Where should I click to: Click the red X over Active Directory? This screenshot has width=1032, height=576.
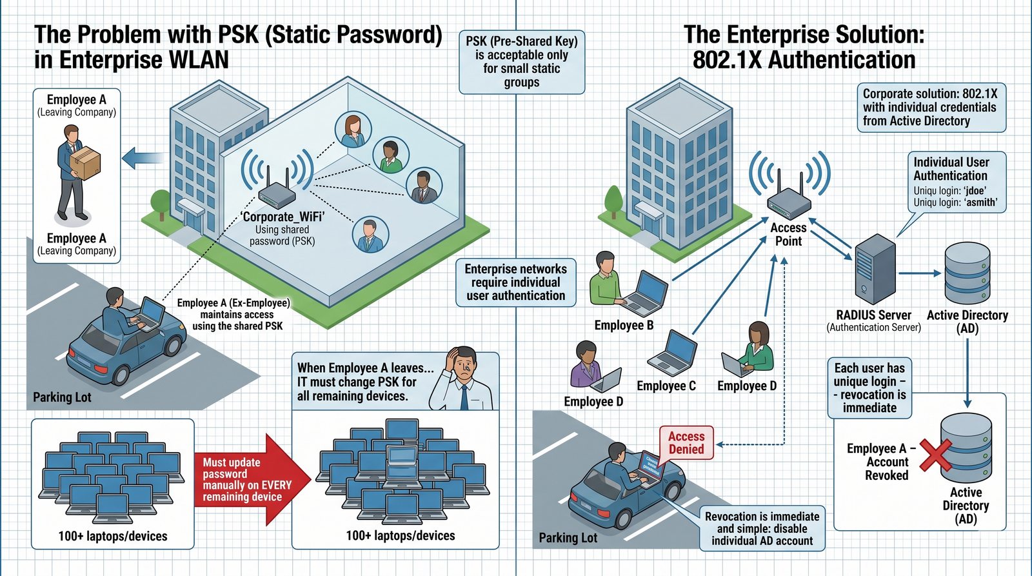click(x=935, y=455)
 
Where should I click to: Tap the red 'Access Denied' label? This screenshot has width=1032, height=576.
click(x=686, y=442)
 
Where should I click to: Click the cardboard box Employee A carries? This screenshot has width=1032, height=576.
click(x=85, y=163)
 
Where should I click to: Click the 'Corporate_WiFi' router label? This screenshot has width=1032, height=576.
click(x=283, y=217)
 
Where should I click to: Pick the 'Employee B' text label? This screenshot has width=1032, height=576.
click(x=624, y=325)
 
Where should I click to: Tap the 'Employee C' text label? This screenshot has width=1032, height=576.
click(x=666, y=386)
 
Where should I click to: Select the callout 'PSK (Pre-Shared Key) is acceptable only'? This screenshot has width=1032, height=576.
click(x=522, y=62)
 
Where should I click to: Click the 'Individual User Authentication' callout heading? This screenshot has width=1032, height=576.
click(x=951, y=169)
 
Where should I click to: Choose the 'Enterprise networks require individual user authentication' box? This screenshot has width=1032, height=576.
click(x=516, y=282)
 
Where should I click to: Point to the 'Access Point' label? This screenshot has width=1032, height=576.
click(x=788, y=234)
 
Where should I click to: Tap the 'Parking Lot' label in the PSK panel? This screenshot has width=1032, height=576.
click(x=62, y=397)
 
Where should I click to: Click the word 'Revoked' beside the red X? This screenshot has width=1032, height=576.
click(x=886, y=475)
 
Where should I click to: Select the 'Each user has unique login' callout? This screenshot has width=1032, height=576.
click(x=869, y=388)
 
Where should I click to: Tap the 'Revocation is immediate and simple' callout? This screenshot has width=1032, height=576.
click(x=762, y=528)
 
